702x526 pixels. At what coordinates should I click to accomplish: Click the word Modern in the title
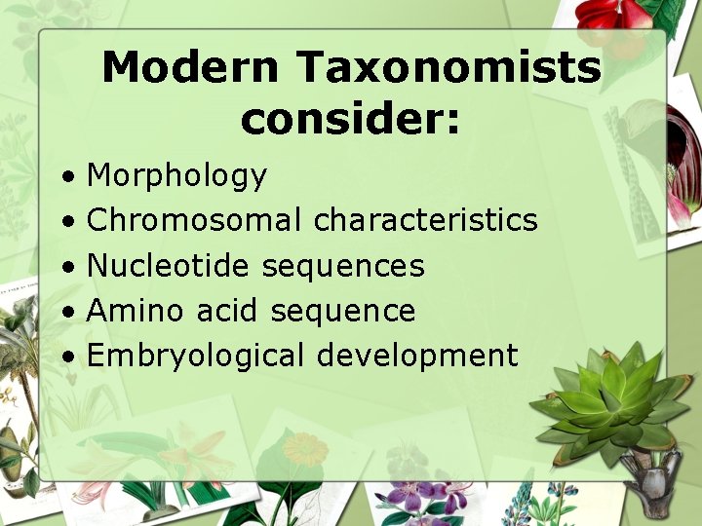[x=191, y=68]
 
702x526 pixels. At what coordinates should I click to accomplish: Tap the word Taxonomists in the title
[x=449, y=68]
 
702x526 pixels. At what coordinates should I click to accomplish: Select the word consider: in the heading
[x=350, y=119]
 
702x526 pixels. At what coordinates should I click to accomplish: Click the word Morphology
[x=176, y=176]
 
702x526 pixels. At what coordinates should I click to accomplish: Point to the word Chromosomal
[x=194, y=220]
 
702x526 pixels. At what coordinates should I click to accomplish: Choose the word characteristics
[x=426, y=220]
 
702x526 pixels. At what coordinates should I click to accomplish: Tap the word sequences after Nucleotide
[x=343, y=266]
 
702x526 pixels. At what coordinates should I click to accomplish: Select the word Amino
[x=136, y=311]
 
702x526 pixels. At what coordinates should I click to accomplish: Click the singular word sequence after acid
[x=343, y=311]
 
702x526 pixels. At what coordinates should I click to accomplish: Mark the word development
[x=416, y=356]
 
